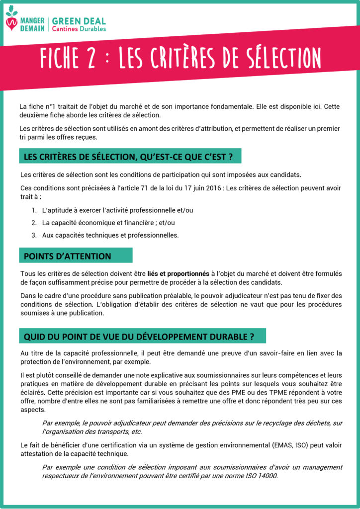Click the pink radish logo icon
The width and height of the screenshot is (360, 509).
[x=11, y=22]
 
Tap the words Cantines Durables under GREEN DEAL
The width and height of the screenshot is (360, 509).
[x=79, y=29]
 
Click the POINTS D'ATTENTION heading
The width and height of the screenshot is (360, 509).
[x=68, y=256]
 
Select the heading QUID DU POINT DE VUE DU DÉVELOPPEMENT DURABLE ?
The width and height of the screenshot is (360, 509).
[x=139, y=337]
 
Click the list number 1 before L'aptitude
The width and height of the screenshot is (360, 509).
[x=33, y=210]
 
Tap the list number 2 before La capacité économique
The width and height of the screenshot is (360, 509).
[x=34, y=223]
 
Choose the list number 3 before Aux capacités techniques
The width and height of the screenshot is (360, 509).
[x=34, y=235]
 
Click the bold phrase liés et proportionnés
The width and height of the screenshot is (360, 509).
[x=178, y=274]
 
